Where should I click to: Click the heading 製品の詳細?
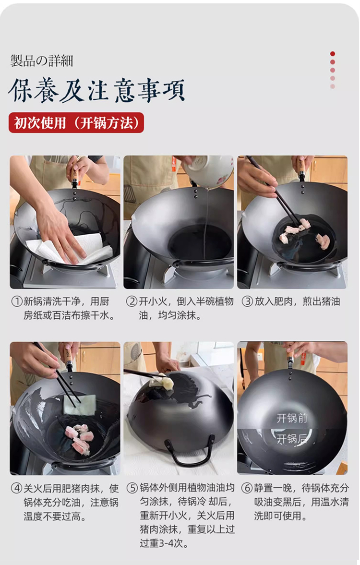click(42, 60)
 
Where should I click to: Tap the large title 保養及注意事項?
click(96, 90)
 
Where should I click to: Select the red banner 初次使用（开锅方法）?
click(76, 123)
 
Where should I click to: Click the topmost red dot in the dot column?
click(333, 54)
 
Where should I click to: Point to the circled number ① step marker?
click(17, 301)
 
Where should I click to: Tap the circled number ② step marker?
click(132, 301)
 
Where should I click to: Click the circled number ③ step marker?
click(247, 301)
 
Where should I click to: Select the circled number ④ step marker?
click(17, 489)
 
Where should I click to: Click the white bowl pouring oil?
click(207, 171)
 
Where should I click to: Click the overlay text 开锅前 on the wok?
click(292, 418)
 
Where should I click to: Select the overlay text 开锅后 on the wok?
click(292, 439)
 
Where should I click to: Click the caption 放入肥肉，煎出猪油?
click(297, 301)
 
